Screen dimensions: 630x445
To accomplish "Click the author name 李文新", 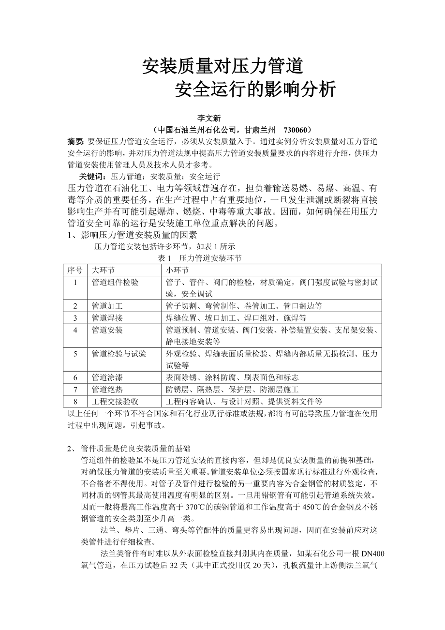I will (x=208, y=118).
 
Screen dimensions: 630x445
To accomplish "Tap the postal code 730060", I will (x=296, y=130).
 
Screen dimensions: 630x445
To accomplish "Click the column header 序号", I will (x=75, y=270).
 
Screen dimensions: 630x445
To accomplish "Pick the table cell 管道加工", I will (x=107, y=306).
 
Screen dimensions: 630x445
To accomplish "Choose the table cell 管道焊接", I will (x=107, y=318).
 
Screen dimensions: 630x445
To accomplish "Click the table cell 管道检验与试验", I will (x=119, y=354).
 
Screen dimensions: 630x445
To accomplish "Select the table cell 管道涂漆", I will (x=107, y=377).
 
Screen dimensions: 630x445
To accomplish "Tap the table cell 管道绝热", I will (x=107, y=389).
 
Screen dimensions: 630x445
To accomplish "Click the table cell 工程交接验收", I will (x=115, y=401).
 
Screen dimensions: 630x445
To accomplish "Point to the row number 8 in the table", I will (x=75, y=401).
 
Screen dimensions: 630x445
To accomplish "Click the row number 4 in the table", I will (x=75, y=330).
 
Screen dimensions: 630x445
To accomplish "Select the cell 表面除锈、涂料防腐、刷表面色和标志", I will (x=232, y=377).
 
